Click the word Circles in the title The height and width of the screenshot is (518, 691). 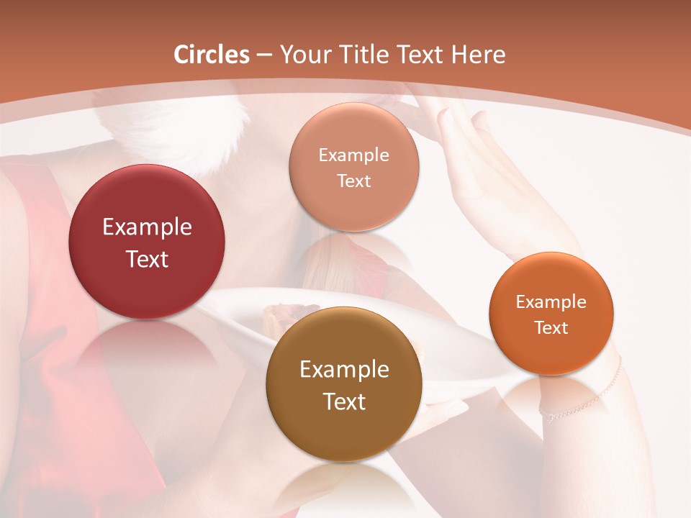click(212, 55)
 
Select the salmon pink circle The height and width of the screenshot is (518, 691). click(353, 209)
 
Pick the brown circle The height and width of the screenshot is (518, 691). click(344, 432)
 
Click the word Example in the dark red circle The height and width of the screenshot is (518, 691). click(147, 227)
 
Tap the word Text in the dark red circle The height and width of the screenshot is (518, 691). click(147, 259)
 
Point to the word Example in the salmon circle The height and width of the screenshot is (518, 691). click(353, 155)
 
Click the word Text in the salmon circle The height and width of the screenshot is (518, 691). click(353, 181)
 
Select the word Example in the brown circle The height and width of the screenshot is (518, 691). click(344, 370)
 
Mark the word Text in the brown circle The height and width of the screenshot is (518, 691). click(344, 401)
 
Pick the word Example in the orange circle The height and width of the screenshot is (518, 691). click(551, 301)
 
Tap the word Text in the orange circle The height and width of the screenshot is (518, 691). click(551, 327)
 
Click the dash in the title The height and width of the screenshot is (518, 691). click(264, 55)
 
